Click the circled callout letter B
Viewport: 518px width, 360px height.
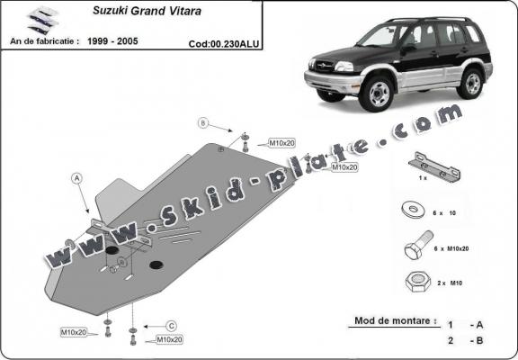(203, 122)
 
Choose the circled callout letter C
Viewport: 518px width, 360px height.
(170, 325)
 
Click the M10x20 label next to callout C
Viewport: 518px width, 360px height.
(170, 339)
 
